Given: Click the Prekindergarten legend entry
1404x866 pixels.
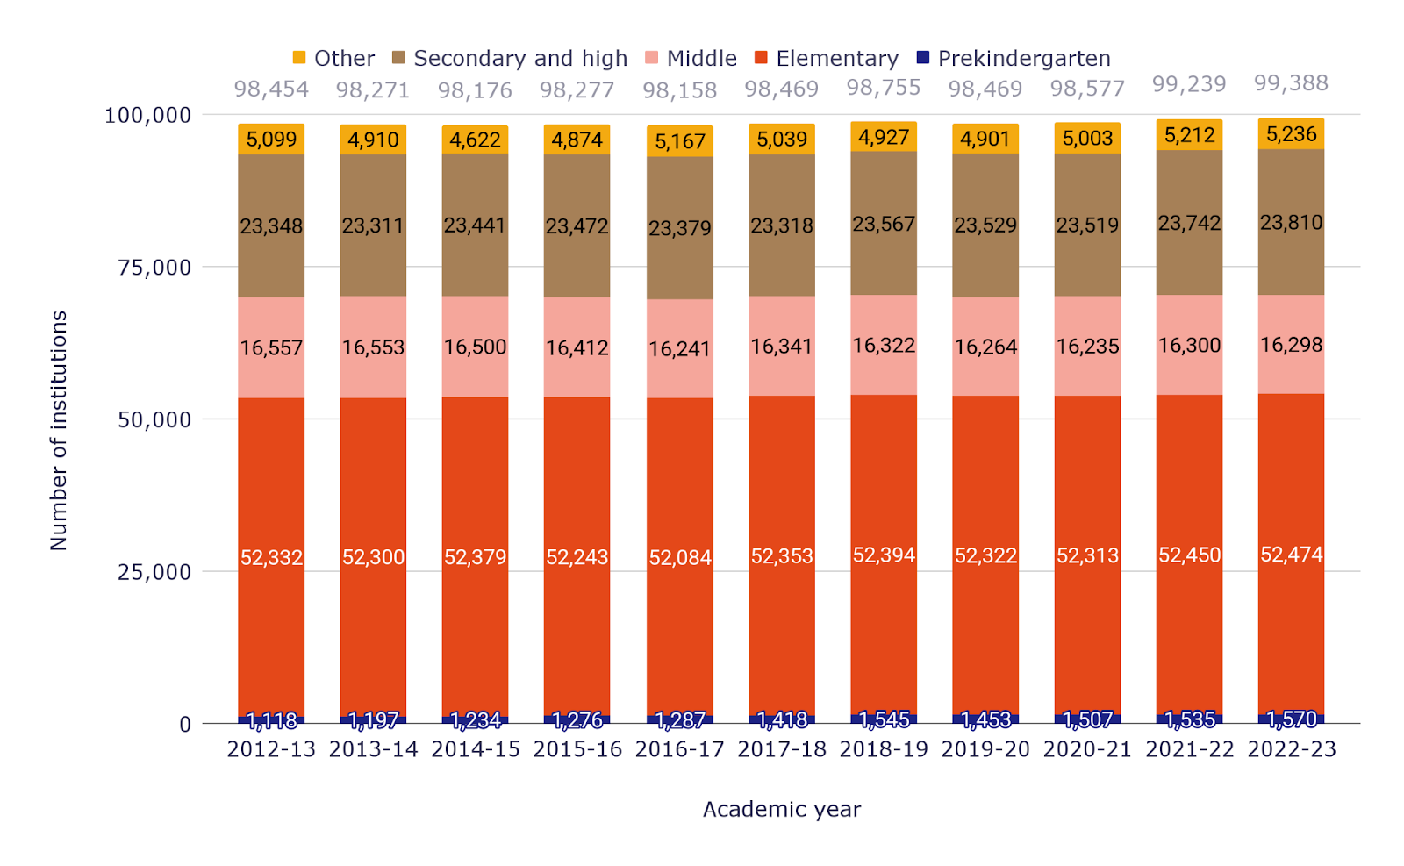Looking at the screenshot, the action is click(x=1013, y=58).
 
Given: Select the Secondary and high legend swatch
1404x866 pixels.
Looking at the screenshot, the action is click(x=398, y=58).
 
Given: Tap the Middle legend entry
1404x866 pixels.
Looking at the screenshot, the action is click(x=691, y=58).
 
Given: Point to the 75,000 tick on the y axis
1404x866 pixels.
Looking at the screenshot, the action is click(x=154, y=268).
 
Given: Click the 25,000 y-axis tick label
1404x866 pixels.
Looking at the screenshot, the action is click(x=154, y=572).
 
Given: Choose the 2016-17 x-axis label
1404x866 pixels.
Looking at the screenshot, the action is click(x=679, y=749).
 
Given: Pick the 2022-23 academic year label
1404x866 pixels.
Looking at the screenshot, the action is click(x=1292, y=749).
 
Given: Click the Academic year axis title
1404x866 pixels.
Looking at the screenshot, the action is click(x=782, y=810).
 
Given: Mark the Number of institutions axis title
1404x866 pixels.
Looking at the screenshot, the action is click(x=58, y=431).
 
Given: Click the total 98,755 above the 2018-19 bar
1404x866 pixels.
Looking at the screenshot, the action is click(x=884, y=87).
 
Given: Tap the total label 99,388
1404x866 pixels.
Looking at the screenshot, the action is click(x=1291, y=82).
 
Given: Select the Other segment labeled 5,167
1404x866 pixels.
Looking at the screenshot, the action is click(x=680, y=141).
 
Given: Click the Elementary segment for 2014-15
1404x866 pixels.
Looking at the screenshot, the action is click(x=475, y=556).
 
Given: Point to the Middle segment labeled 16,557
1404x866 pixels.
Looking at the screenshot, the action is click(x=271, y=347).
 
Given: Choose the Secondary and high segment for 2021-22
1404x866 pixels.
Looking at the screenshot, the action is click(x=1190, y=223).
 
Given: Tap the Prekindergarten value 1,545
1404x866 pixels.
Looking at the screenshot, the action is click(x=884, y=720).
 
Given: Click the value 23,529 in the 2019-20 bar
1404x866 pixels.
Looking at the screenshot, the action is click(x=985, y=225).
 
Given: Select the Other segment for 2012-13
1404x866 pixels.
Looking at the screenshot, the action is click(x=271, y=140).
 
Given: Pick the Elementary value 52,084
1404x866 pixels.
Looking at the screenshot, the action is click(x=680, y=557).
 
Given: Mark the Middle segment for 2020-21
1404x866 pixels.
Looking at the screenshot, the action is click(x=1087, y=346).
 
